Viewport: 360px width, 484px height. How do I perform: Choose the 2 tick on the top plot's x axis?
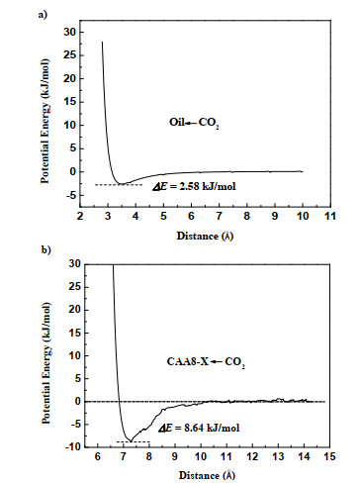[x=82, y=215]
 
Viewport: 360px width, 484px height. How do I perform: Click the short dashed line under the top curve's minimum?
[x=119, y=185]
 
